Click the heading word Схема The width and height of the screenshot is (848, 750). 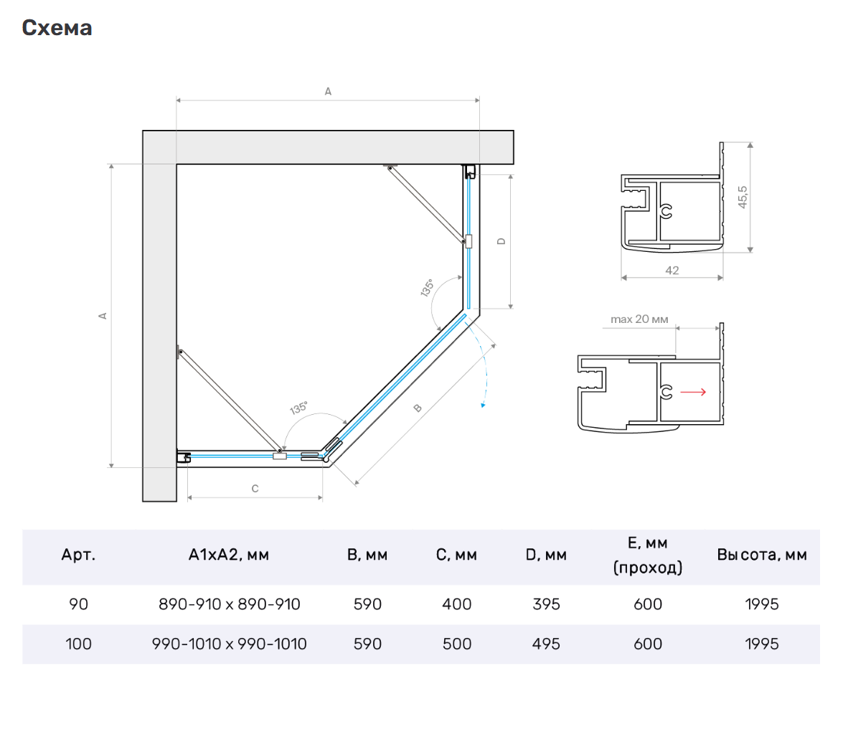(57, 27)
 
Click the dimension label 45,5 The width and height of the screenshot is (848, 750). (743, 197)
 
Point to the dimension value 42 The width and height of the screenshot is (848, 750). (672, 270)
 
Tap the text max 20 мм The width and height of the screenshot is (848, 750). (639, 319)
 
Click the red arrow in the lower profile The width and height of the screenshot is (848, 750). (693, 392)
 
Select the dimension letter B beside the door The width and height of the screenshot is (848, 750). (418, 408)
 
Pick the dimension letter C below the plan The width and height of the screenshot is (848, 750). (255, 489)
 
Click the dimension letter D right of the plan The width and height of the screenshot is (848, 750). (501, 241)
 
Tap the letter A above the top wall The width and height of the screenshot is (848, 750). (328, 91)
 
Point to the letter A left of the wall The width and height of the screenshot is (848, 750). (103, 316)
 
